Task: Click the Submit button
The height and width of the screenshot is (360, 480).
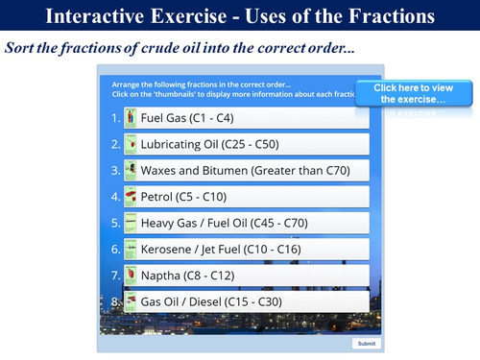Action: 366,343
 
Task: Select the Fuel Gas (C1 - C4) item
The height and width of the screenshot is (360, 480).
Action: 246,118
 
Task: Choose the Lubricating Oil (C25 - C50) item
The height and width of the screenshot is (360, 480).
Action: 246,145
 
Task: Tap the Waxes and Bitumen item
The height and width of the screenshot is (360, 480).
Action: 246,171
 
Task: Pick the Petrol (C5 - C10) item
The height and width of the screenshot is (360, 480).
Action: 246,197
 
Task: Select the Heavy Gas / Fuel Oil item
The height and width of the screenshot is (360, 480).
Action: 246,224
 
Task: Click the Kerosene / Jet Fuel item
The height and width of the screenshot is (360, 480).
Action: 246,250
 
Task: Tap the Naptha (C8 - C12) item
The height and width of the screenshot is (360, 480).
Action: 246,276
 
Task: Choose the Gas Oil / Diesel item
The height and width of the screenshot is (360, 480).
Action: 246,302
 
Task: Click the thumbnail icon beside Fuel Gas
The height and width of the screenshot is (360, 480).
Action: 131,118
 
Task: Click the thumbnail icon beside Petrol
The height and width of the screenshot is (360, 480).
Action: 131,197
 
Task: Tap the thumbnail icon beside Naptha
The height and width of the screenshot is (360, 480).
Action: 131,276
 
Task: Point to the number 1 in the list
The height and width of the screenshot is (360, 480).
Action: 115,119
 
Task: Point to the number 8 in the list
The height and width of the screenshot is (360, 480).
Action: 115,302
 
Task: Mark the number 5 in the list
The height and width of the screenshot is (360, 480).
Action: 115,224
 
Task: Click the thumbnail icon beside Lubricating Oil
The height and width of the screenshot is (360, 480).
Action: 131,145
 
